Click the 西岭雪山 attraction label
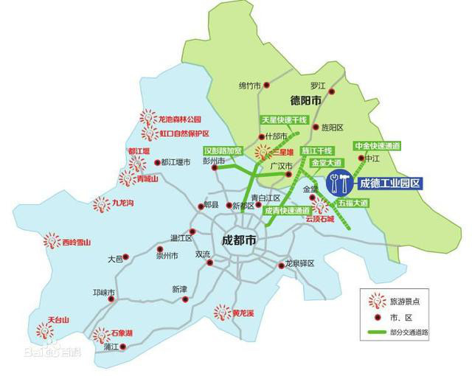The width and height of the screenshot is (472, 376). [76, 242]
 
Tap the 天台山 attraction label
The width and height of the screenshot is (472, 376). [58, 320]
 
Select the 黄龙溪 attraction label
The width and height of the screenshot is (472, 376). [243, 313]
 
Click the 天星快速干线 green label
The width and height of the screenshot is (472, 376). [283, 119]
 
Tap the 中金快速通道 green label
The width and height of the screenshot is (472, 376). [376, 146]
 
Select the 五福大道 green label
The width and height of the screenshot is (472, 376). [352, 202]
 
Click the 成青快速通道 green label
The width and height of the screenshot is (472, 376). [287, 210]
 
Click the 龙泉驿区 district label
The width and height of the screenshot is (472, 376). [300, 263]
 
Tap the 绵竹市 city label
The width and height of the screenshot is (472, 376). [249, 86]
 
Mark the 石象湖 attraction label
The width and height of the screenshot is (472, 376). [122, 333]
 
